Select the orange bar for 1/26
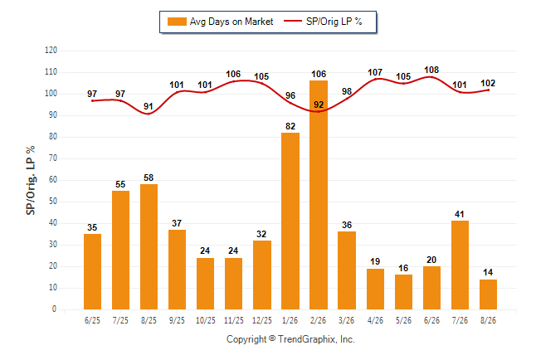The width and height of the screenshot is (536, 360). click(x=290, y=221)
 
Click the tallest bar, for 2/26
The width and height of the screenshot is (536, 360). click(x=319, y=195)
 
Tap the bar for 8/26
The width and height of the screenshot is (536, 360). click(x=488, y=294)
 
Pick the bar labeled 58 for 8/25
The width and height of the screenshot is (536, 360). click(x=149, y=247)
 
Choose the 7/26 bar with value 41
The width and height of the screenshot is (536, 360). click(x=460, y=265)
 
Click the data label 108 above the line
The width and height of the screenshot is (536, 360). click(x=431, y=70)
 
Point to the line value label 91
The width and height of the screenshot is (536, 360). click(x=149, y=106)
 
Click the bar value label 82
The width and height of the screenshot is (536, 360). click(x=290, y=126)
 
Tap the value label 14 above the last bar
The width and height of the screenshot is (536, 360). click(x=488, y=272)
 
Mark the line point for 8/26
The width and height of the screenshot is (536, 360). click(x=488, y=90)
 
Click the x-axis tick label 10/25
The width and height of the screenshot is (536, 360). click(x=206, y=320)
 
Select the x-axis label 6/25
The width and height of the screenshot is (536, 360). click(x=92, y=320)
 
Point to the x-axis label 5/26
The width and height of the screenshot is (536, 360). click(x=403, y=320)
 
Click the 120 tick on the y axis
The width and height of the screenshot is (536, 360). click(x=51, y=51)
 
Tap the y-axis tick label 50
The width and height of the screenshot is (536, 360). click(x=52, y=202)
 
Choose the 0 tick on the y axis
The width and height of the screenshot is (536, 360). click(x=55, y=309)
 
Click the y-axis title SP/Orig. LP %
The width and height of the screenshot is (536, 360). click(x=31, y=180)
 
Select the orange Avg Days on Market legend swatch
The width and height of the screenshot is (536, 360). click(x=177, y=22)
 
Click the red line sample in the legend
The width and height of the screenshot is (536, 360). click(x=293, y=22)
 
